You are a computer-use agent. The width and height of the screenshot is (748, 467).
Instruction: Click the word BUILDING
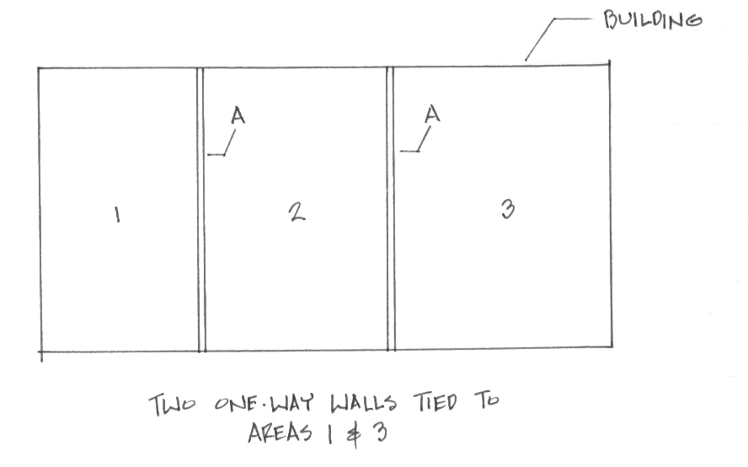point(653,20)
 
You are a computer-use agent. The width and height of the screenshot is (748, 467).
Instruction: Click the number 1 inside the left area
point(117,214)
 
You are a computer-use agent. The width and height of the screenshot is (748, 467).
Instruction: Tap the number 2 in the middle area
point(297,212)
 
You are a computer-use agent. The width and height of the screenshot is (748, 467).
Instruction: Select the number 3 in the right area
point(508,209)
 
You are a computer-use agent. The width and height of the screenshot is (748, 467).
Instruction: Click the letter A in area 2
point(238,115)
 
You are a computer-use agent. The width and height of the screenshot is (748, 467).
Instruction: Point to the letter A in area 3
point(432,114)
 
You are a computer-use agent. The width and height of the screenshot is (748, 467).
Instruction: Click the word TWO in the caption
point(172,405)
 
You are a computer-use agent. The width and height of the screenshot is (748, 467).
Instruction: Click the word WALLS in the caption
point(364,404)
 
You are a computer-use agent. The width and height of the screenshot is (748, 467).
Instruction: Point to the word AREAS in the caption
point(280,432)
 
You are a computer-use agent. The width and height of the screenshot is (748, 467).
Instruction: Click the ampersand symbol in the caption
point(354,434)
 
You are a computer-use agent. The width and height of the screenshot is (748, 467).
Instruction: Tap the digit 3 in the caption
point(380,432)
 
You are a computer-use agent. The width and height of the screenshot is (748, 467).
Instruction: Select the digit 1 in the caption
point(329,433)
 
